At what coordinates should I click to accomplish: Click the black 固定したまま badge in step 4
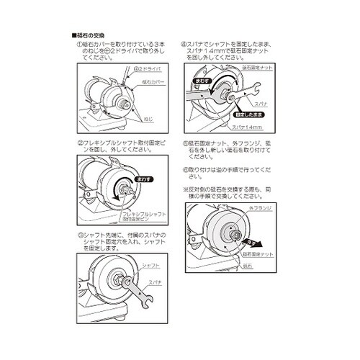[247, 114]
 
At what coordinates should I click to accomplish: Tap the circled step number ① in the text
[79, 43]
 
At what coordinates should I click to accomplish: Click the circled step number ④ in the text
[184, 43]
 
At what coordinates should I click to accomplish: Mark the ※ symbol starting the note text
[185, 188]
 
